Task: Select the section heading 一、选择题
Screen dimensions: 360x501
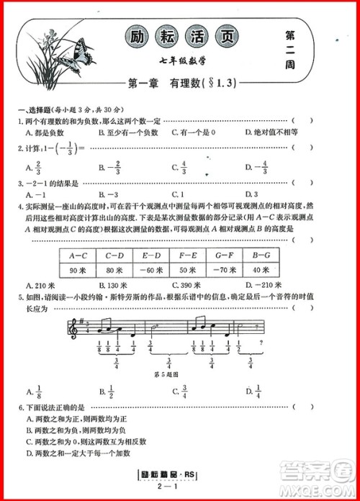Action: click(35, 109)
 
